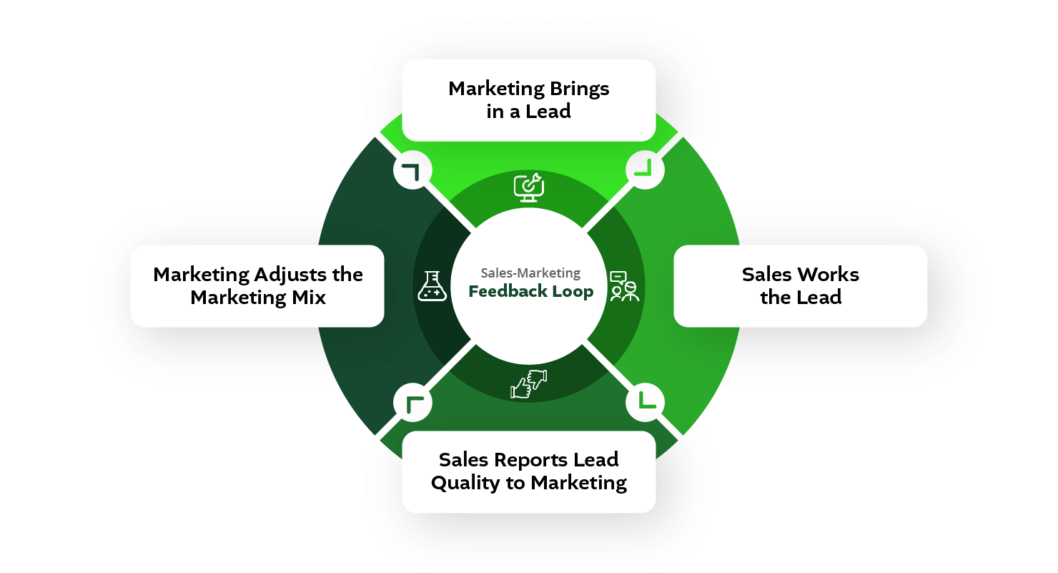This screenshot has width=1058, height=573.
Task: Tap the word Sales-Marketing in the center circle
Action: pyautogui.click(x=530, y=273)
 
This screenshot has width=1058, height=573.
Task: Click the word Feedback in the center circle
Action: pyautogui.click(x=503, y=292)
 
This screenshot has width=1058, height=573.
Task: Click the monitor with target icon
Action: pyautogui.click(x=529, y=187)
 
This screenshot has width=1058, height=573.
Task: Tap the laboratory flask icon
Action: pyautogui.click(x=432, y=286)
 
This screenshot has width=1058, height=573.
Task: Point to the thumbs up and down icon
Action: pyautogui.click(x=528, y=384)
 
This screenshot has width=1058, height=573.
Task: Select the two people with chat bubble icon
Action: pyautogui.click(x=623, y=286)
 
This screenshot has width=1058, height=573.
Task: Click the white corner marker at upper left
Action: pyautogui.click(x=412, y=171)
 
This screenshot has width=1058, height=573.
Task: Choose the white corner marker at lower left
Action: pyautogui.click(x=412, y=403)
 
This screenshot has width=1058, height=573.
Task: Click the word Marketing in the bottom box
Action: pyautogui.click(x=578, y=483)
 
